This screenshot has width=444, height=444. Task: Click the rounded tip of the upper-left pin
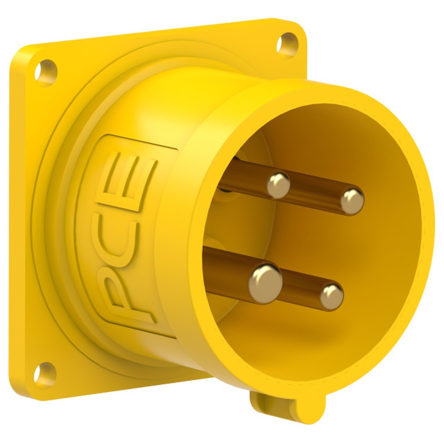pyautogui.click(x=278, y=185)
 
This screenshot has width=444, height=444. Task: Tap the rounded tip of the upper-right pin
pyautogui.click(x=352, y=201)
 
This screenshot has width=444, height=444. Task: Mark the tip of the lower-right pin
pyautogui.click(x=332, y=296)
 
